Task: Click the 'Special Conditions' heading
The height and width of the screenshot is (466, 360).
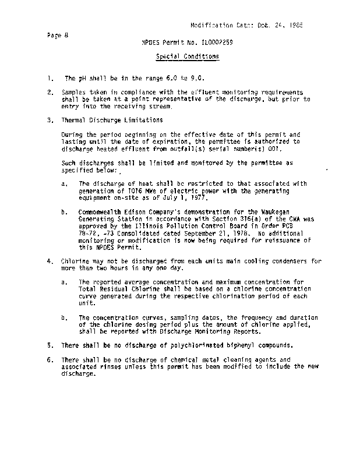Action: pyautogui.click(x=187, y=57)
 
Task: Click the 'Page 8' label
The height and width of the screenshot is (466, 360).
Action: pyautogui.click(x=58, y=35)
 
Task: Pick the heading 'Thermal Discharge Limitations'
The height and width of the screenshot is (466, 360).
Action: pyautogui.click(x=104, y=120)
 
